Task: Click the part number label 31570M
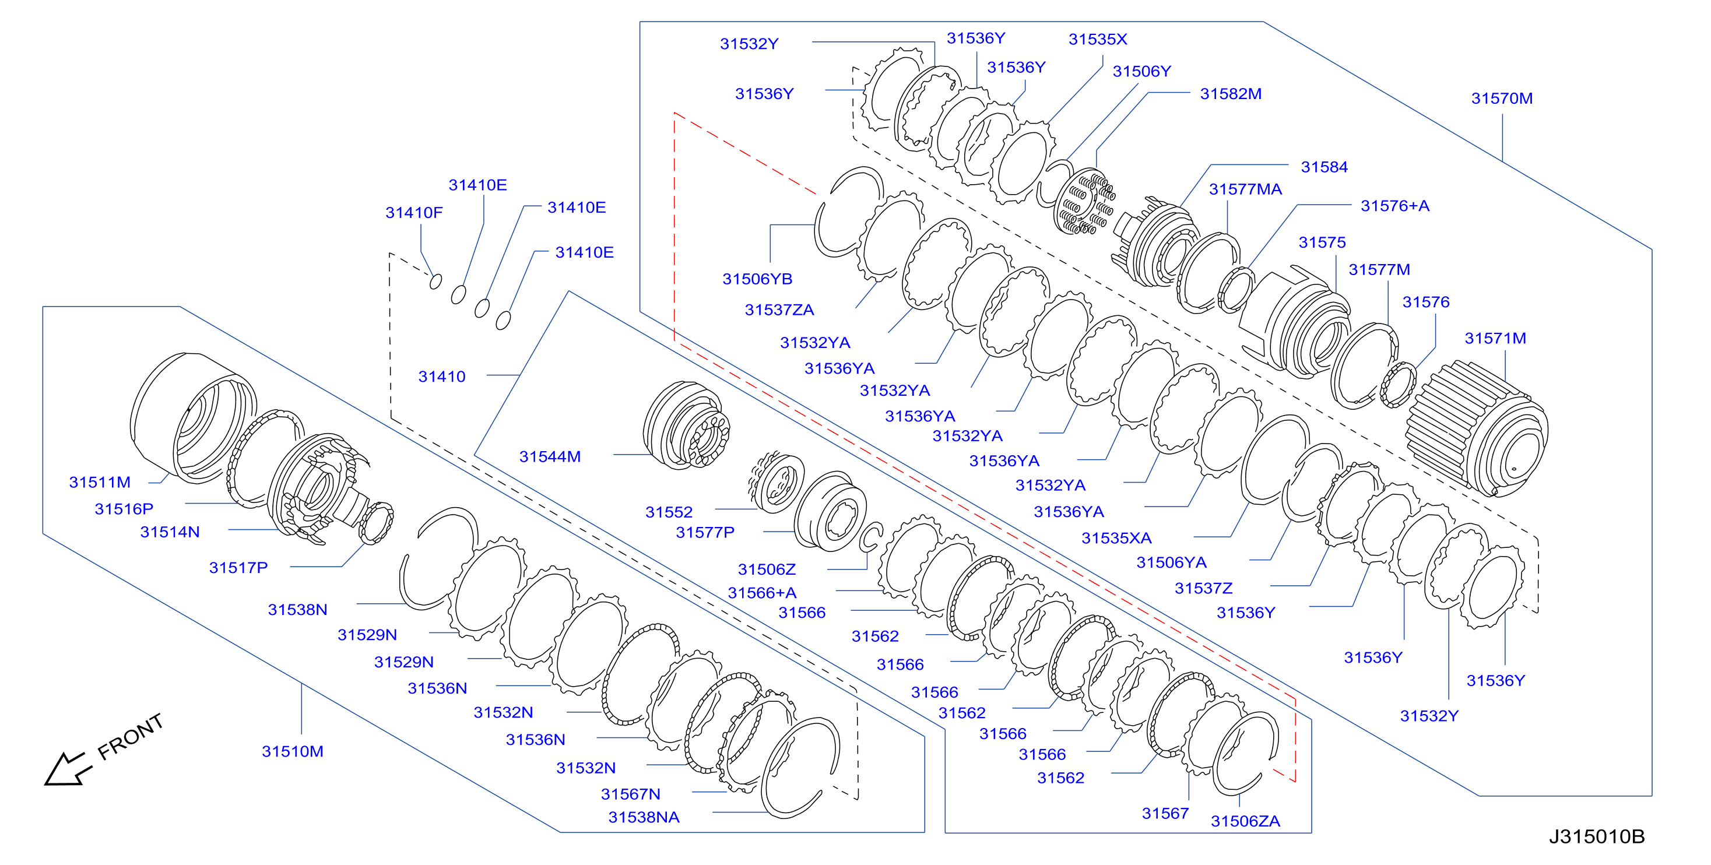coord(1502,99)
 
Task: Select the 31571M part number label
coord(1495,338)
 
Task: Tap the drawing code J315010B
coord(1597,836)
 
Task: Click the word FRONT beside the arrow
coord(130,736)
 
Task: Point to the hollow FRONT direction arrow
coord(66,769)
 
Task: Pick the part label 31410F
coord(414,213)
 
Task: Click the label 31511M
coord(100,482)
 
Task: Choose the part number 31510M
coord(292,751)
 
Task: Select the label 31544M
coord(550,456)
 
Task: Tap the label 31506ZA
coord(1245,821)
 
